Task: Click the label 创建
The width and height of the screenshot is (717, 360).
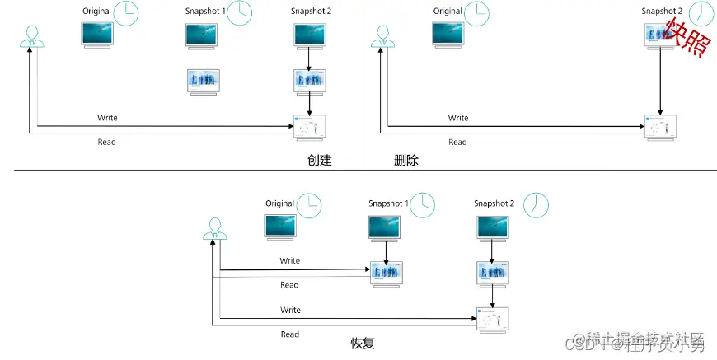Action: tap(318, 161)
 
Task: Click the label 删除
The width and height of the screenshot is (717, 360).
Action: tap(405, 161)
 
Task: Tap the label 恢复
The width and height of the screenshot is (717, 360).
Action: tap(363, 341)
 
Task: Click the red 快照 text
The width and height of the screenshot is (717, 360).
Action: tap(687, 39)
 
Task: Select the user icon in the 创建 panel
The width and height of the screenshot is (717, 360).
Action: tap(31, 37)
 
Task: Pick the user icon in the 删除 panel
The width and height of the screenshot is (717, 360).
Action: tap(380, 37)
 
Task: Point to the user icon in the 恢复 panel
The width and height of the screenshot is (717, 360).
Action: tap(215, 228)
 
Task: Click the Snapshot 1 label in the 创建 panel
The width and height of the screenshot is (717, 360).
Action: tap(205, 12)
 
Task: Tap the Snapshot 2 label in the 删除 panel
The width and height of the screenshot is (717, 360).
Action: tap(661, 12)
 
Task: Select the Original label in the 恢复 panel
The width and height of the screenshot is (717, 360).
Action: tap(279, 203)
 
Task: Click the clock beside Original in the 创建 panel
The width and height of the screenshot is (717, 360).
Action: tap(126, 13)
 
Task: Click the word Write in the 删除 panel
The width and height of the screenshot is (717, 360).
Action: tap(458, 118)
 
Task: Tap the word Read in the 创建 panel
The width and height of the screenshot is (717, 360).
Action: tap(107, 143)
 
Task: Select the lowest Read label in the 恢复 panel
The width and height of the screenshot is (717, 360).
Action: tap(289, 334)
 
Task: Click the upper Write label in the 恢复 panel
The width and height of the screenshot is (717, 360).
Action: tap(289, 261)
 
